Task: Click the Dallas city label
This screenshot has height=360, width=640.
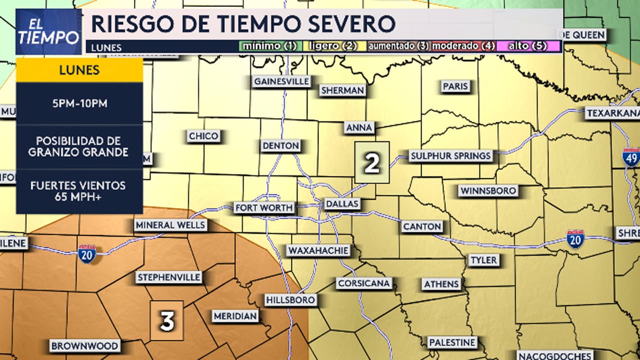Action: (x=342, y=204)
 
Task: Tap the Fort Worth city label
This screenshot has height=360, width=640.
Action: (x=264, y=207)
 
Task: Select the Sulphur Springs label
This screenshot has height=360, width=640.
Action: (x=450, y=156)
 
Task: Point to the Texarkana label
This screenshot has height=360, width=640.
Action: (x=612, y=113)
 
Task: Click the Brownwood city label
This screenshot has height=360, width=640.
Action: (x=85, y=346)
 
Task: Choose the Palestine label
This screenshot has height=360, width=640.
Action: (x=452, y=342)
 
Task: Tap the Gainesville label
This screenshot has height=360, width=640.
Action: (x=281, y=81)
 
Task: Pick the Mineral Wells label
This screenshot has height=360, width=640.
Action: (x=170, y=225)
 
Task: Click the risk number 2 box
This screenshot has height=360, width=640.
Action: (x=372, y=162)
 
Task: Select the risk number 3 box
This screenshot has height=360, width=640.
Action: (x=167, y=321)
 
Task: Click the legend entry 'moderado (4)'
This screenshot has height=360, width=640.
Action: (x=463, y=46)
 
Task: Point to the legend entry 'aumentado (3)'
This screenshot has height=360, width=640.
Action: (x=398, y=46)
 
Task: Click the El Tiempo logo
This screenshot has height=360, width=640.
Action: (x=48, y=31)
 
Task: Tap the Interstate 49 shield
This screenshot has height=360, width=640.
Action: (x=631, y=156)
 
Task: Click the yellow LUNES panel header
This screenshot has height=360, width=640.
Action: (x=79, y=70)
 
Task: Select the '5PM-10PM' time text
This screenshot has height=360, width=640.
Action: (x=79, y=103)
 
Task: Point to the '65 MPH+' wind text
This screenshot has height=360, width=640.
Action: (x=79, y=196)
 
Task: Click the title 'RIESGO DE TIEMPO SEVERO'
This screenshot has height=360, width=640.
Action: (x=243, y=23)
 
